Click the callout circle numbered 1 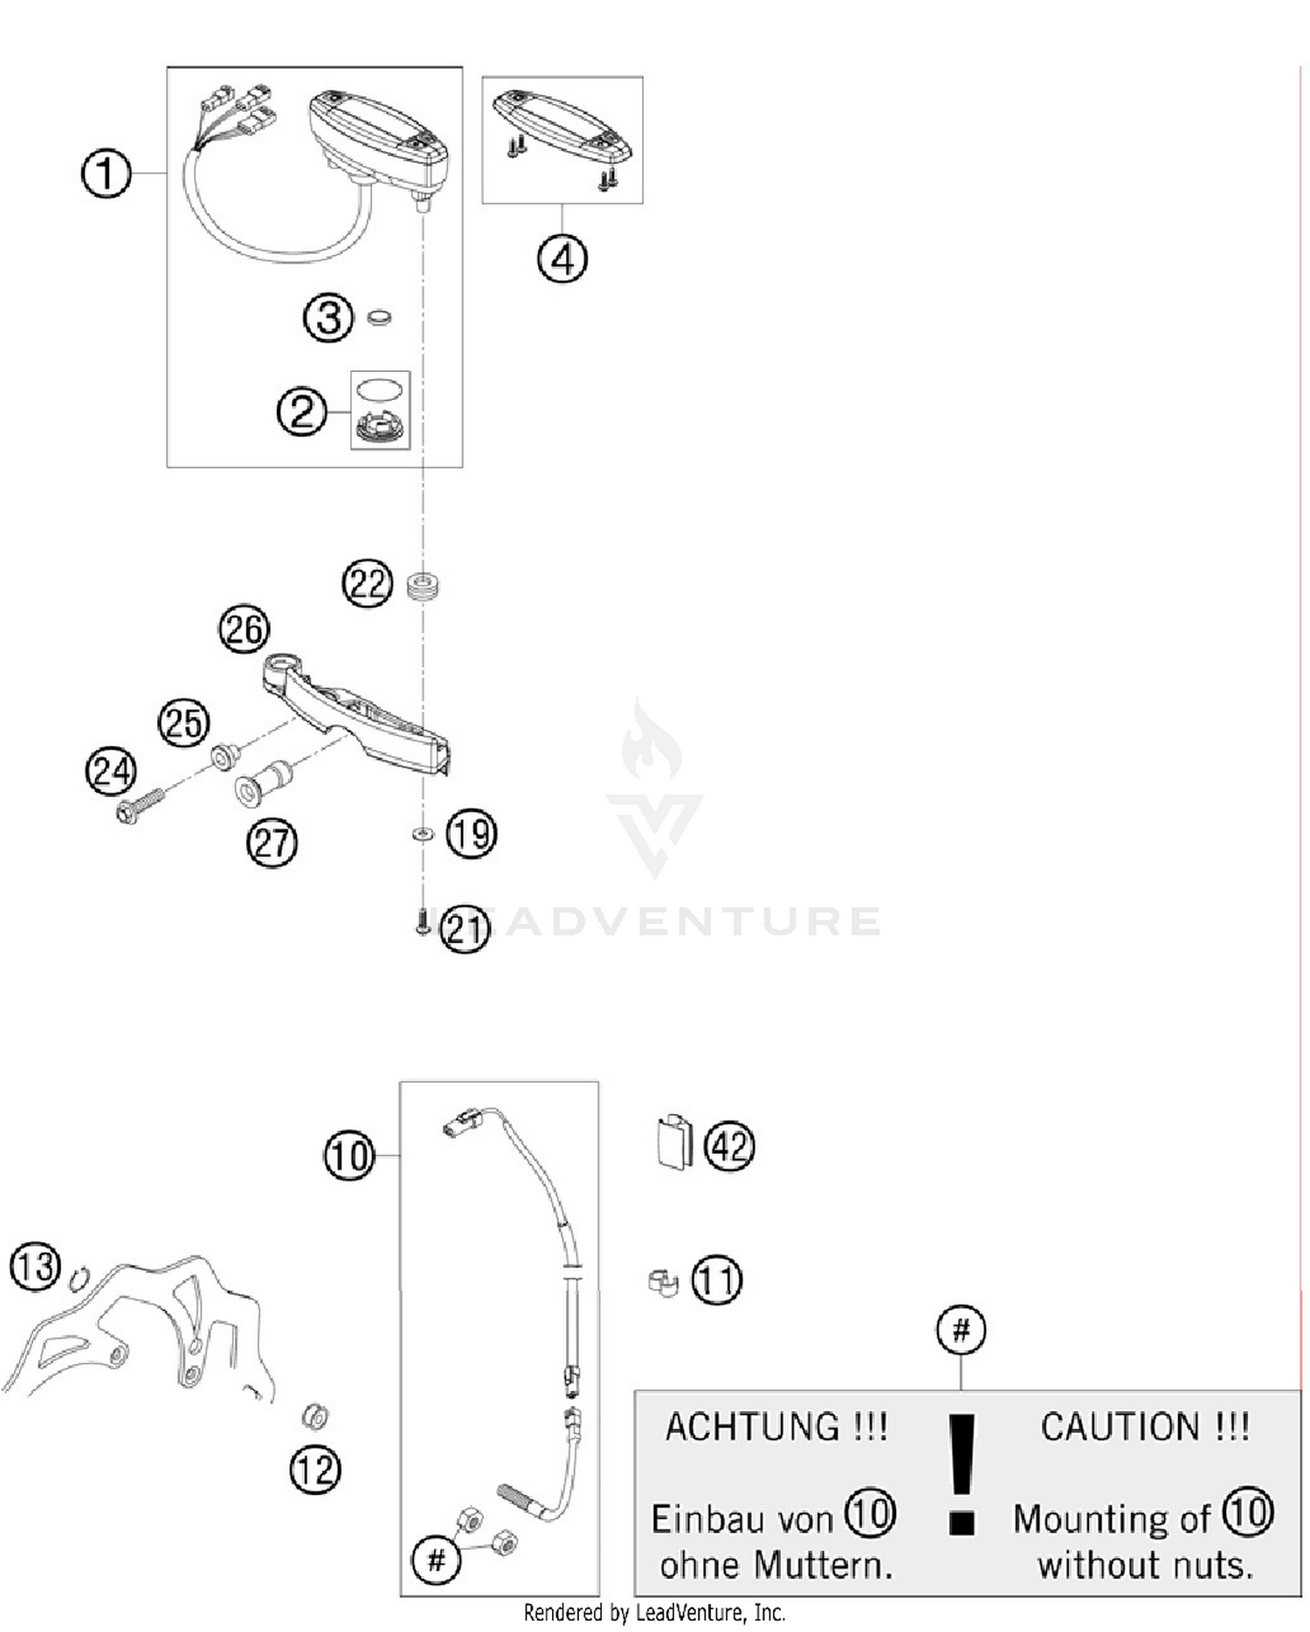click(106, 173)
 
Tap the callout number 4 click(562, 259)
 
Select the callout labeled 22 click(367, 584)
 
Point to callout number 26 click(244, 630)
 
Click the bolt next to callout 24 click(139, 806)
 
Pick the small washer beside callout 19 click(423, 834)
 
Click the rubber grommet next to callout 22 click(424, 585)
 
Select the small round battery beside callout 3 click(379, 317)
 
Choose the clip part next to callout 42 click(673, 1141)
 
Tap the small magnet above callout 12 click(314, 1415)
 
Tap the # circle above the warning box click(961, 1331)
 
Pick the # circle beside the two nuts click(437, 1559)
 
